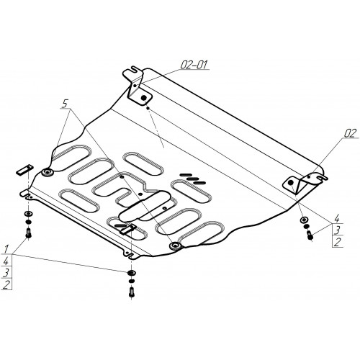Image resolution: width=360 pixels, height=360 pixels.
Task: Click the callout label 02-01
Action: click(x=194, y=65)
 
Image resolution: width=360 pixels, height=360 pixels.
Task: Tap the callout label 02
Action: click(x=350, y=134)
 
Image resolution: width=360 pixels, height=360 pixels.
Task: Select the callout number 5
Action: click(x=65, y=104)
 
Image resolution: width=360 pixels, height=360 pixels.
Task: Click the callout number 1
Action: click(x=6, y=248)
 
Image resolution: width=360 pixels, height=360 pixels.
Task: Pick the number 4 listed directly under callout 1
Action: click(x=6, y=261)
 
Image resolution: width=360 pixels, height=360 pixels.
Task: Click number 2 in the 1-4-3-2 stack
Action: click(x=6, y=284)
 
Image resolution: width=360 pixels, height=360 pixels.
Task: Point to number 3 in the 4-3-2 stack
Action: click(x=338, y=230)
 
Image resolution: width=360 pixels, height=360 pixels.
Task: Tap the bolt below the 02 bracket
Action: click(x=310, y=235)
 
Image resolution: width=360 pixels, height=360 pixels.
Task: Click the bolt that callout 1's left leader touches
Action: click(x=29, y=233)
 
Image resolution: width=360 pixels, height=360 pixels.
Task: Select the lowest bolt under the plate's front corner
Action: click(x=131, y=292)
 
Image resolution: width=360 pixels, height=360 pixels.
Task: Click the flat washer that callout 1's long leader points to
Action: click(x=131, y=273)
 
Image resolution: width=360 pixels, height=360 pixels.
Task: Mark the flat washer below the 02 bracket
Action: click(x=303, y=220)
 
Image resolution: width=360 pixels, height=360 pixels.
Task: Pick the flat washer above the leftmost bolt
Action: click(x=29, y=214)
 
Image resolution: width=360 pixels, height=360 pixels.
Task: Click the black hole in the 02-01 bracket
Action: click(x=144, y=98)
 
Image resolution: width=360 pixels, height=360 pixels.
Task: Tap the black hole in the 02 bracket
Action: click(x=291, y=183)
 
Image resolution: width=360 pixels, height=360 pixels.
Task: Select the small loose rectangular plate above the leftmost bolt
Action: click(x=25, y=169)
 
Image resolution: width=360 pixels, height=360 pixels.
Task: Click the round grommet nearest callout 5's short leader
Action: click(x=48, y=172)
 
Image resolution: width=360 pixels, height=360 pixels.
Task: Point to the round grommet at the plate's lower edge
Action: click(x=176, y=246)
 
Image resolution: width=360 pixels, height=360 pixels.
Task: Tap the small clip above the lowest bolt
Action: click(x=128, y=230)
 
